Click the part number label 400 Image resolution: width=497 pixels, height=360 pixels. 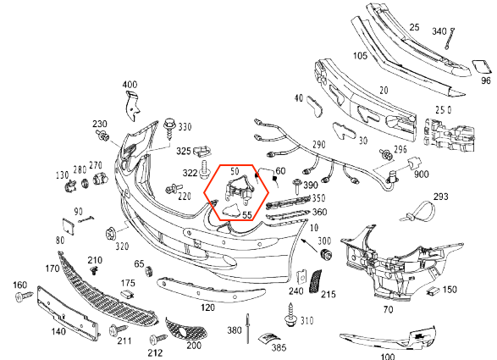point(130,85)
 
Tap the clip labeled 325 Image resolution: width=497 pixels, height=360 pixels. point(202,151)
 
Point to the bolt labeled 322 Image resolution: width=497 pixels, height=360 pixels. point(205,169)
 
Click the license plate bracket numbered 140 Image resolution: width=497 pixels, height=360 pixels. point(68,314)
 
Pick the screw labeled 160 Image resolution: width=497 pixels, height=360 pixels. point(24,296)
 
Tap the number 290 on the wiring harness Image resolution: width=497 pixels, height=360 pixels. point(318,144)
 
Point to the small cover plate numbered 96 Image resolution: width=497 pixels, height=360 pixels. point(482,69)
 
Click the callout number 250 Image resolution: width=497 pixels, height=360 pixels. point(443,110)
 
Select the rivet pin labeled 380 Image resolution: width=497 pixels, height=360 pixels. point(247,329)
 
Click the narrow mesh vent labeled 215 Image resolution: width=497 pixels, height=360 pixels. point(315,281)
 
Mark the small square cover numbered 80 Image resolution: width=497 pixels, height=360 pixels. point(68,227)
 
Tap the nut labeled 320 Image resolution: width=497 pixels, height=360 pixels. point(111,235)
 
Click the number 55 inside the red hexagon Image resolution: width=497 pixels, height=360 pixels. point(247,215)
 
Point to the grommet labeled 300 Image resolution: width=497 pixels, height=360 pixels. point(326,255)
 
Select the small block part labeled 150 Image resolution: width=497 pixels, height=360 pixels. point(433,291)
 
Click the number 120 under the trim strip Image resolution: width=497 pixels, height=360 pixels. point(207,307)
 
